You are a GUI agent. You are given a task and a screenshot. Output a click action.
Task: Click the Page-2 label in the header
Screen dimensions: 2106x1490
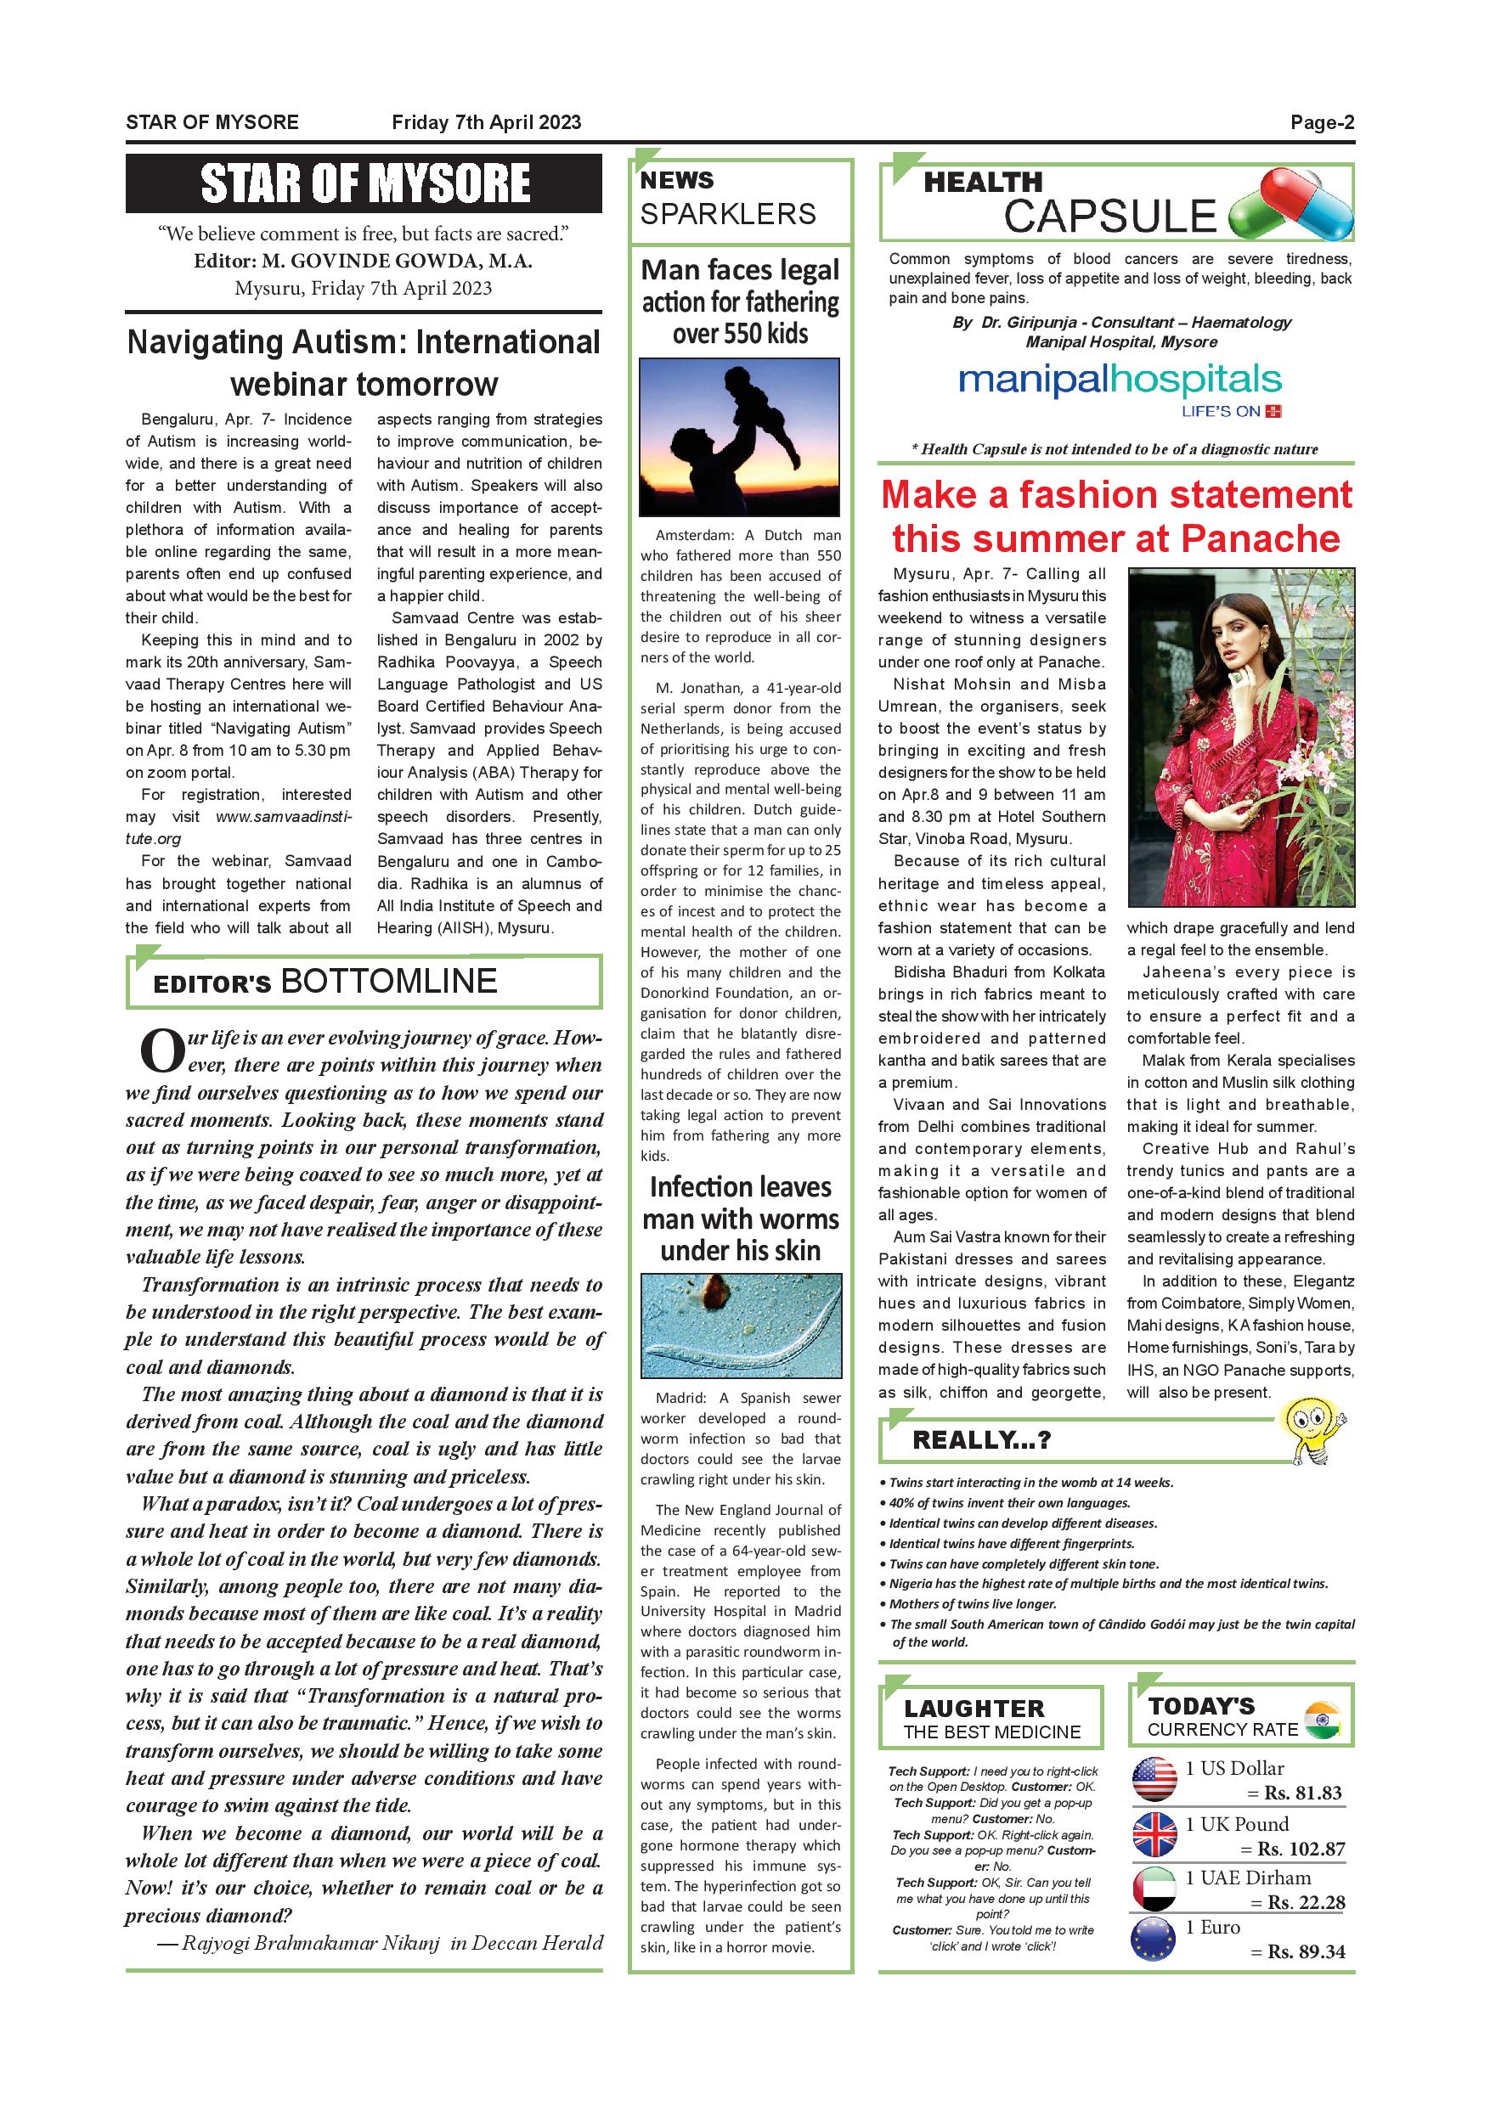1321,122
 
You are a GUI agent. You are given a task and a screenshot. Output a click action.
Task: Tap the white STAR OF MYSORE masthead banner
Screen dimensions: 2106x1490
364,183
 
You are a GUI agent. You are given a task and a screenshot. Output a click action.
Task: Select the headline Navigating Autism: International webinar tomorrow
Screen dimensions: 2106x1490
364,363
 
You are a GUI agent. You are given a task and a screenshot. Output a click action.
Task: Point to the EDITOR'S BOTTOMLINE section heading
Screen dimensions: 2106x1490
325,982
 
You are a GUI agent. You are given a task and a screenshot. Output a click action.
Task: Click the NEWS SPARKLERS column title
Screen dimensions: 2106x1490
727,197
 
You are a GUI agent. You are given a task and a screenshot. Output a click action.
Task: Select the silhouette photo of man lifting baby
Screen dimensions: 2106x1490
740,436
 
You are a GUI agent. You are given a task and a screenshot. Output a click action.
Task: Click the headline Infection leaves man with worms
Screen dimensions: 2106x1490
741,1218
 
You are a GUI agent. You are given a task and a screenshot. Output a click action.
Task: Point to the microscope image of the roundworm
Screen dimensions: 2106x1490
741,1325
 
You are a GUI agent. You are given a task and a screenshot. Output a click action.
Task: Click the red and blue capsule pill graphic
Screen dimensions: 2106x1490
1291,206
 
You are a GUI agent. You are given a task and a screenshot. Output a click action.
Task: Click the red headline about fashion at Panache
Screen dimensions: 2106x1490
1115,516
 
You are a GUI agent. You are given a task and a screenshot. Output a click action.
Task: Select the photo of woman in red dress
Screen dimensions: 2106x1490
1240,736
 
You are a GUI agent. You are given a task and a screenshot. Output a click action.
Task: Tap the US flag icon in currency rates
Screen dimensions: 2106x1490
1154,1779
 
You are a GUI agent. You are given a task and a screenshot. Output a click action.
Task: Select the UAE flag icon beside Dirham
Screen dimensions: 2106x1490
1154,1889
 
